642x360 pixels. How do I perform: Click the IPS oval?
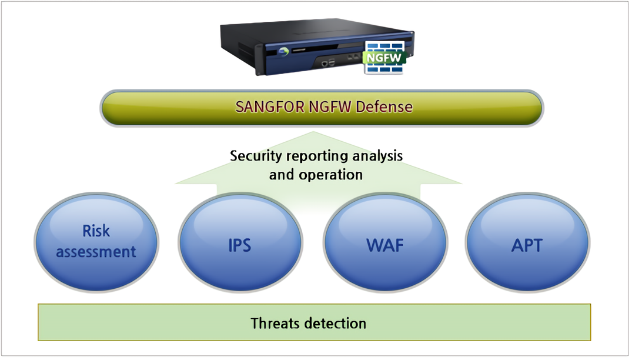click(x=240, y=243)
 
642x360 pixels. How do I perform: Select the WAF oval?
click(x=385, y=243)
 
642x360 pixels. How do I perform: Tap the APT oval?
click(x=527, y=243)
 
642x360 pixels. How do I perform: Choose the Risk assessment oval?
click(x=96, y=243)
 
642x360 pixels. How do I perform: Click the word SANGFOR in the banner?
click(x=270, y=107)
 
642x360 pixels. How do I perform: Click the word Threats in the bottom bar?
click(x=275, y=324)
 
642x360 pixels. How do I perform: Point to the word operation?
click(x=331, y=175)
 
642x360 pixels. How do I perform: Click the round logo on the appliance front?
click(x=283, y=52)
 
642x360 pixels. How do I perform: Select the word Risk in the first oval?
click(x=96, y=231)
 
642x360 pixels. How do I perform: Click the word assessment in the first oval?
click(x=96, y=251)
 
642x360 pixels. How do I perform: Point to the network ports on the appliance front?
click(x=329, y=63)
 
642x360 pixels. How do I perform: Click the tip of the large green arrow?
click(x=314, y=131)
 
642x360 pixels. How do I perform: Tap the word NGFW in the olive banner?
click(x=330, y=107)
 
